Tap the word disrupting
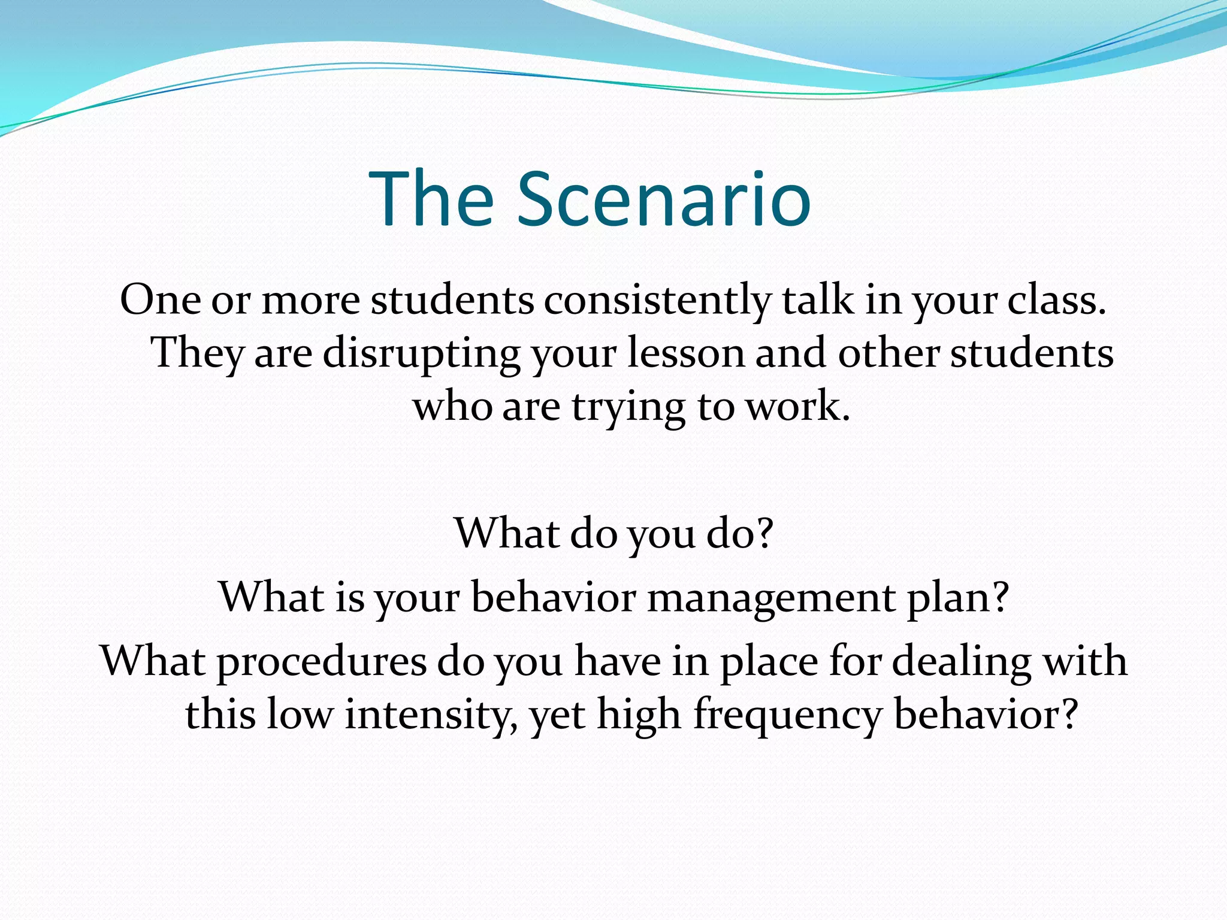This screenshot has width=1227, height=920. [421, 353]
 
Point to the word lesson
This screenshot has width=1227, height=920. [685, 353]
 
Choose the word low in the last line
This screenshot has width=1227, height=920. [299, 714]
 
